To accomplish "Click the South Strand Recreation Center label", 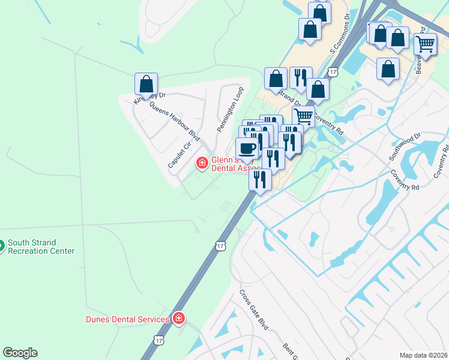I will click(x=41, y=247).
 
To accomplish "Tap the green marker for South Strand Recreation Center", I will click(x=1, y=245).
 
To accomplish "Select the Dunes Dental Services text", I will click(x=127, y=319).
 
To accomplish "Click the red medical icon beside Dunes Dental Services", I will click(x=178, y=319).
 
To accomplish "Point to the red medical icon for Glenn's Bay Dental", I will click(x=202, y=163).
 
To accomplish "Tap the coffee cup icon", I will click(x=247, y=148).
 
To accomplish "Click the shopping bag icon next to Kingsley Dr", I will click(x=146, y=83).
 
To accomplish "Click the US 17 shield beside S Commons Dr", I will click(x=341, y=72).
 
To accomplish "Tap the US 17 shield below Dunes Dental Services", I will click(x=158, y=340).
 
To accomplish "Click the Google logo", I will click(x=20, y=353).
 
